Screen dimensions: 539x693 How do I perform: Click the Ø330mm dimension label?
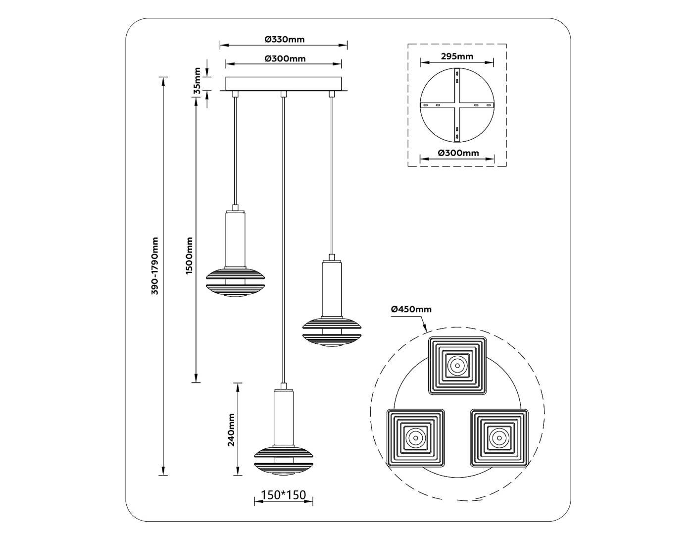coord(285,40)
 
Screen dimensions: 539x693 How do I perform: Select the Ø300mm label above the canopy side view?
coord(285,58)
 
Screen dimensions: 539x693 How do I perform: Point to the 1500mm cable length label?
coord(189,256)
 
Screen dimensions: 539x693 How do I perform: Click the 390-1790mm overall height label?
coord(155,267)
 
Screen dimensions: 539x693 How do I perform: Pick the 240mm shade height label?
coord(231,430)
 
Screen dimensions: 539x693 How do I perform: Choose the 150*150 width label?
coord(284,495)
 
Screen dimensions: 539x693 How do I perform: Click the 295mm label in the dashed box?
coord(456,56)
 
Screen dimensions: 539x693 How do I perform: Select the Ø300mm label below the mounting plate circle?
coord(458,153)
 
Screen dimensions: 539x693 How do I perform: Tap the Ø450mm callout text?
coord(411,309)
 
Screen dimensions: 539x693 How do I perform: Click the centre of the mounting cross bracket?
coord(457,106)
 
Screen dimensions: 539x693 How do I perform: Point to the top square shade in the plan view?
coord(457,366)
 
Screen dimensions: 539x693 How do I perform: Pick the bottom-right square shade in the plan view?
coord(499,437)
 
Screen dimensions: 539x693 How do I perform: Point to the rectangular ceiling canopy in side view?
coord(284,84)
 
